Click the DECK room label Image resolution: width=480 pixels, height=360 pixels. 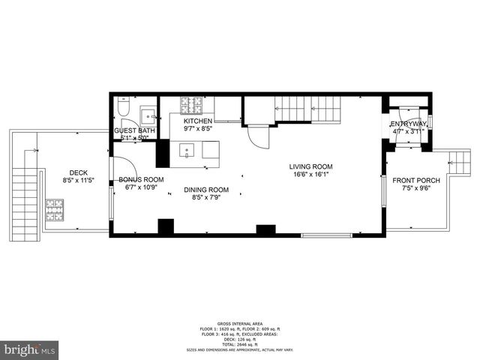[79, 172]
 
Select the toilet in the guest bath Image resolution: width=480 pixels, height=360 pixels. [124, 106]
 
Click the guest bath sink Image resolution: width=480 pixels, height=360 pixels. [148, 115]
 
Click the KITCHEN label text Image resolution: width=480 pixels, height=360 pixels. [198, 121]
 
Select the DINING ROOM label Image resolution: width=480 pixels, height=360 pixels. [206, 190]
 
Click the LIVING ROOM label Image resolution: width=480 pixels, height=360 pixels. [311, 166]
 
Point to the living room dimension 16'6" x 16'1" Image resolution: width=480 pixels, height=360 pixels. [311, 175]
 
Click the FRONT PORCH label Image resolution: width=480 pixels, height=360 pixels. [412, 180]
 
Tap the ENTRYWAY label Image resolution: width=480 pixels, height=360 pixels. [409, 124]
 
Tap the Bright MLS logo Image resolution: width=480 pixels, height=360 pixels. [30, 349]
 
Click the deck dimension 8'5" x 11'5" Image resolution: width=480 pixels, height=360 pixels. [79, 181]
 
